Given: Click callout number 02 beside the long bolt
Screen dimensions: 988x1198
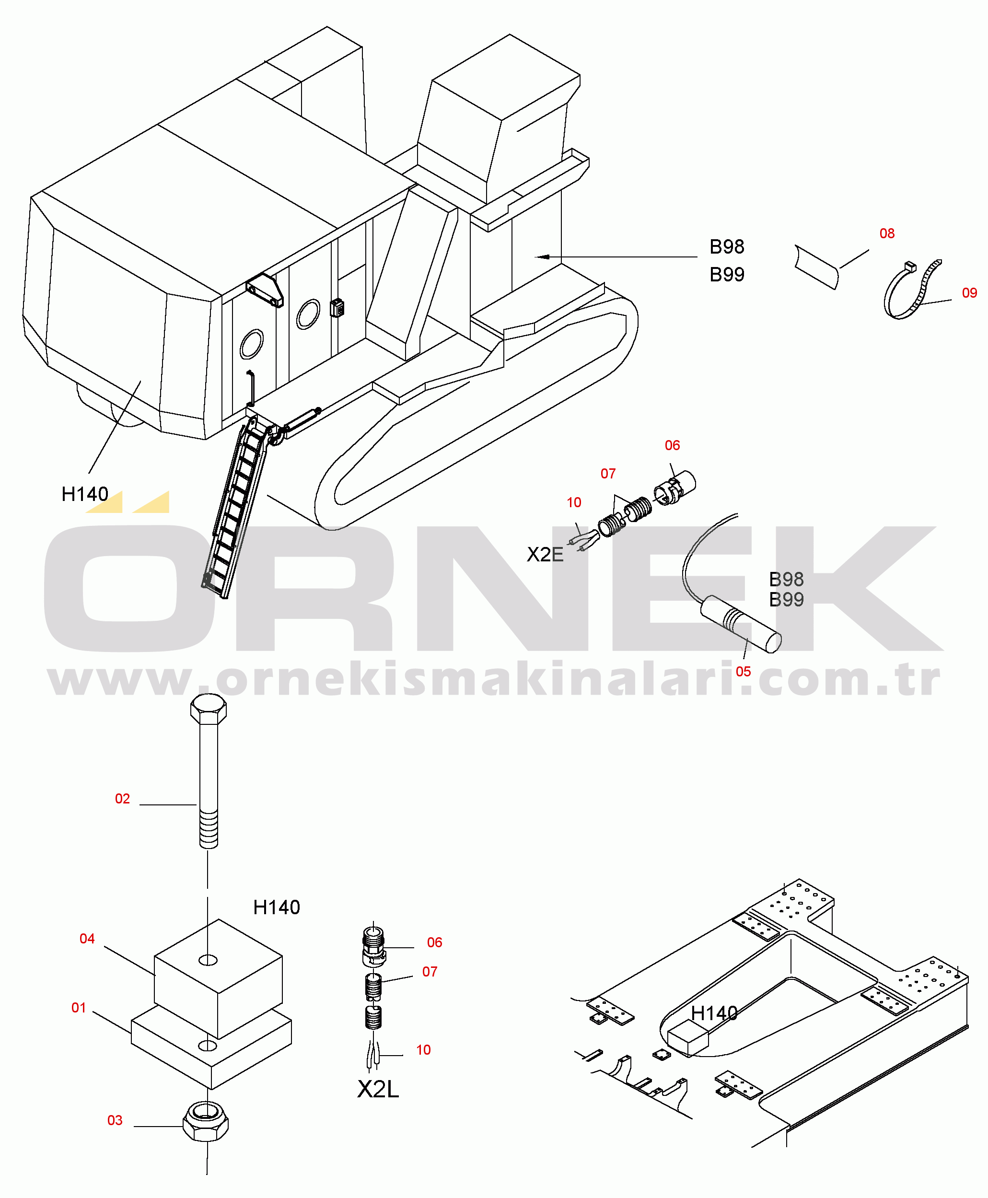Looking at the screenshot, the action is [x=122, y=799].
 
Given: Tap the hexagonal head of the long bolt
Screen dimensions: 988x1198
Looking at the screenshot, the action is [x=209, y=709].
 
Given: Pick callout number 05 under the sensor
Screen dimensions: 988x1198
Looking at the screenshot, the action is [x=743, y=672].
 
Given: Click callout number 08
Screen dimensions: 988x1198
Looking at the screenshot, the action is [x=887, y=233].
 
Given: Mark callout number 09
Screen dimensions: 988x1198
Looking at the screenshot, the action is [x=969, y=292].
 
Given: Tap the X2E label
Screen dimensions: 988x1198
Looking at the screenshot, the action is [x=545, y=554].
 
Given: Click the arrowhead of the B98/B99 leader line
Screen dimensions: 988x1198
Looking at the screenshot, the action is [x=542, y=256].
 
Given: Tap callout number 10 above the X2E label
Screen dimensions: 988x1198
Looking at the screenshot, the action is [x=574, y=502].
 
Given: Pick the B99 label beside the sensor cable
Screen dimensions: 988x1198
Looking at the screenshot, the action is [x=786, y=600].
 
